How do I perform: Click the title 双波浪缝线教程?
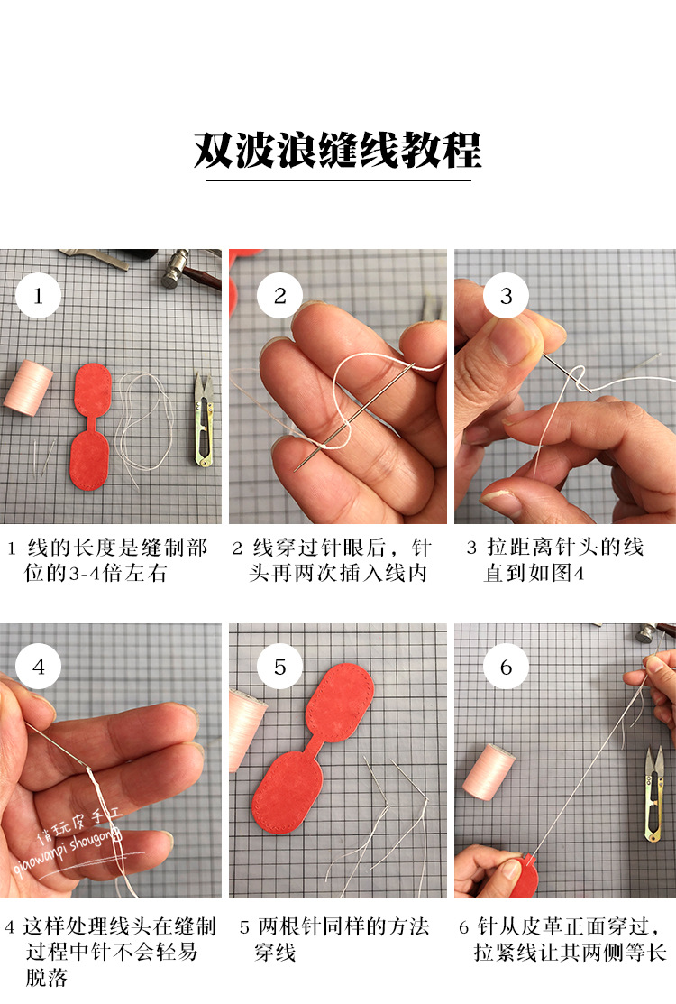338,150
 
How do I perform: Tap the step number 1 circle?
38,295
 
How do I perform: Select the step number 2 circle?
279,295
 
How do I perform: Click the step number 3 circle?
506,295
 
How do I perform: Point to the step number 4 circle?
38,668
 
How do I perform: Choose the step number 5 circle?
279,668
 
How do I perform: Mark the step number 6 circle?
506,668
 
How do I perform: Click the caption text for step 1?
108,560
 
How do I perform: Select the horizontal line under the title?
338,180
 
